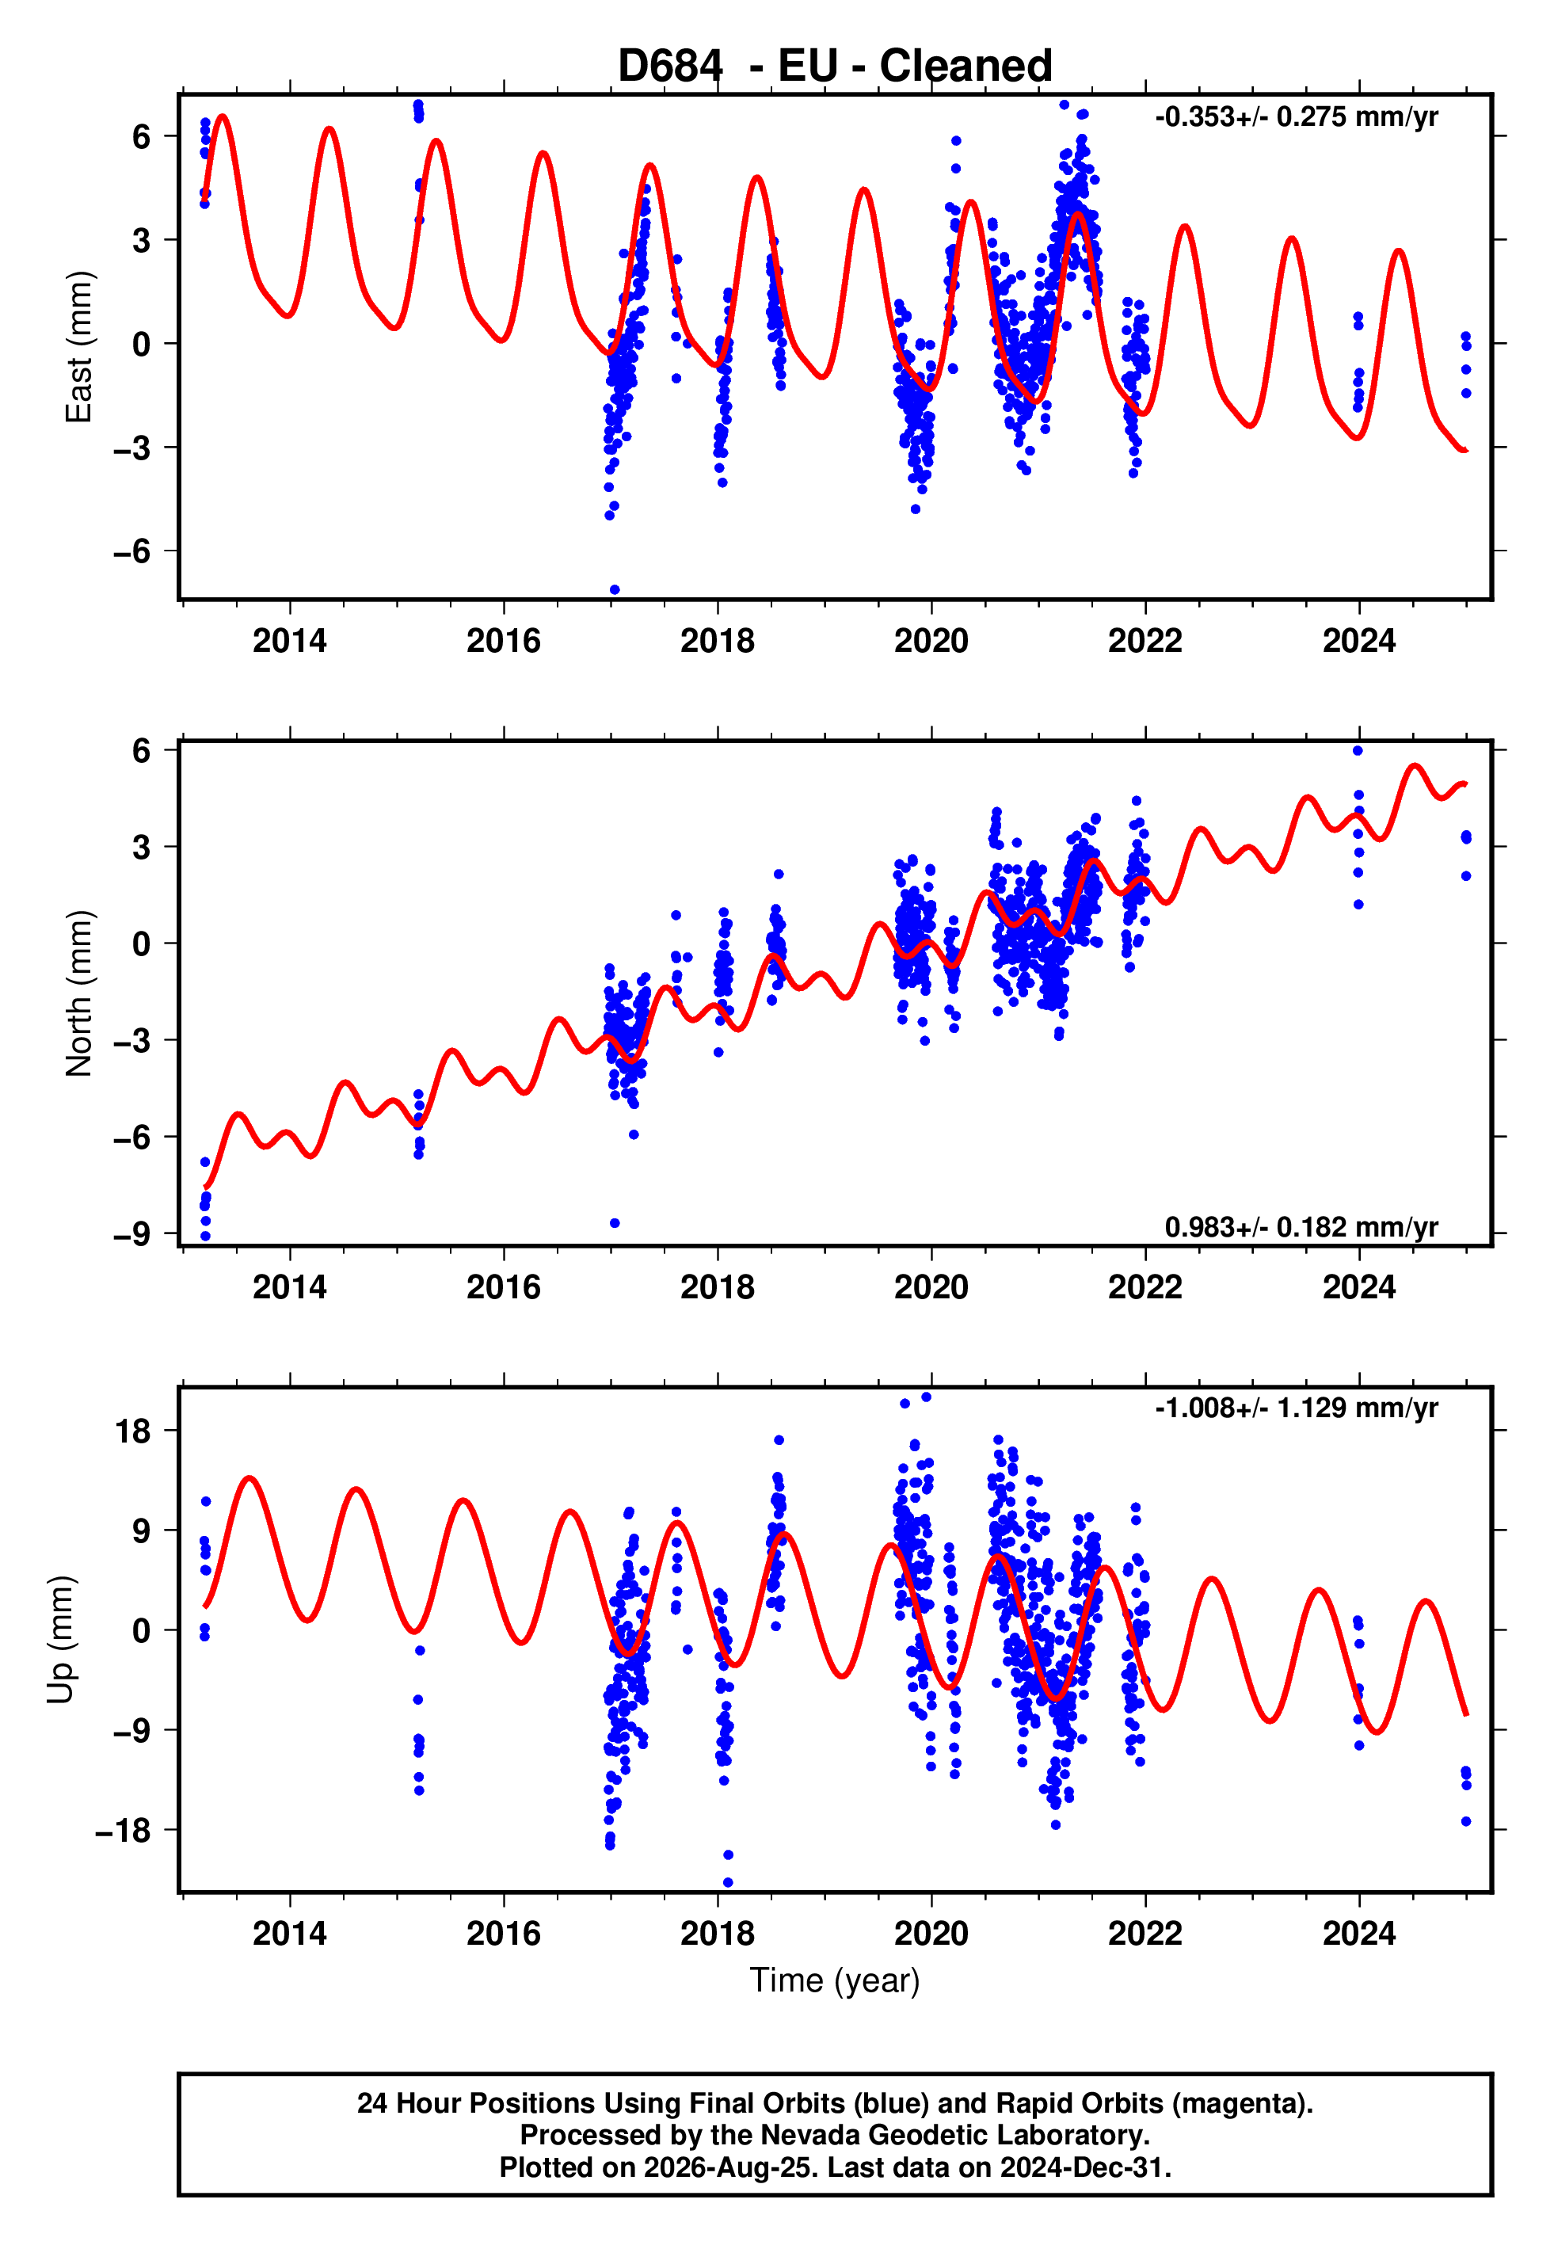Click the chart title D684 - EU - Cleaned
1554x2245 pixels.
[x=835, y=67]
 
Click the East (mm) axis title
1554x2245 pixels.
[x=79, y=347]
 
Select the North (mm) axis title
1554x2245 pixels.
[x=79, y=993]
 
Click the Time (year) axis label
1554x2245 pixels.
[x=835, y=1980]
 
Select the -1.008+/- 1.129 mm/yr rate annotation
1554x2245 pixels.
[x=1296, y=1408]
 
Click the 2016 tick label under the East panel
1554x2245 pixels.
[x=504, y=641]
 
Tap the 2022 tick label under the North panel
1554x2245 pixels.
[x=1145, y=1287]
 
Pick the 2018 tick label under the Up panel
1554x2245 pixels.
[x=718, y=1934]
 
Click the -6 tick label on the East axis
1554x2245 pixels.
[x=132, y=551]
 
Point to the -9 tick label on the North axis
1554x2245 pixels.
[x=132, y=1233]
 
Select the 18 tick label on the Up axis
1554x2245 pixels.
[x=133, y=1431]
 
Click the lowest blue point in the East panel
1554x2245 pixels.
[x=615, y=590]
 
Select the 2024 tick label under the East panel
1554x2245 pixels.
[x=1359, y=641]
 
